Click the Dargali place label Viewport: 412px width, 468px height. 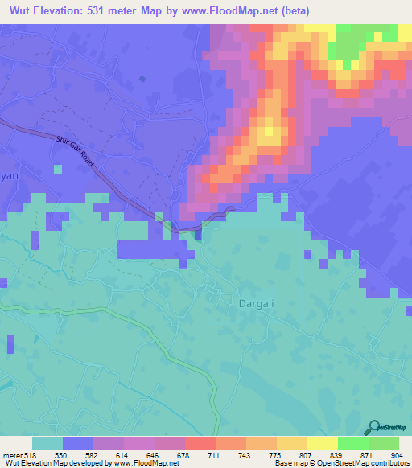(256, 304)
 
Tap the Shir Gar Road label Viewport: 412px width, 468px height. (76, 150)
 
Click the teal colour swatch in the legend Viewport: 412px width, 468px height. (47, 443)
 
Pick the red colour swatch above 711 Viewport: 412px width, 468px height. (200, 443)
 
